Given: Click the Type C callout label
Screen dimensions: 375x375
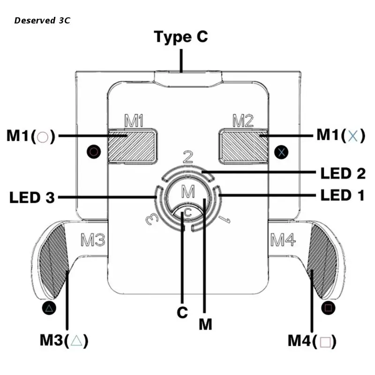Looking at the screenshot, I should click(181, 37).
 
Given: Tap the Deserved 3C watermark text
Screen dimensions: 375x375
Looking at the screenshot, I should click(42, 21).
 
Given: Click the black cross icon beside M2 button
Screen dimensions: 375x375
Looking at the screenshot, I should click(282, 151).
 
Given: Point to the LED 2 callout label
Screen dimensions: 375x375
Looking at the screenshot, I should click(343, 173).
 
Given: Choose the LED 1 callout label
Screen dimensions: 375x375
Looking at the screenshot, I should click(343, 195).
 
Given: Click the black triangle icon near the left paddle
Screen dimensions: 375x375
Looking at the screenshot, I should click(49, 308).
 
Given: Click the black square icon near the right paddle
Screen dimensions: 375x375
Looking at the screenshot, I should click(328, 308).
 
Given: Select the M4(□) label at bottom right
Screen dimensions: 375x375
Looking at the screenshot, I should click(312, 341).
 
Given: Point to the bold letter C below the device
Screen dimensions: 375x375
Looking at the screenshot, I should click(182, 313).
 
